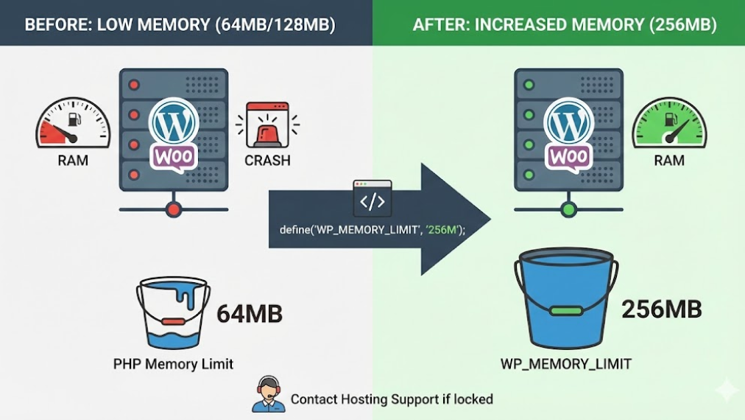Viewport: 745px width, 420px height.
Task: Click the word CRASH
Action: pyautogui.click(x=267, y=161)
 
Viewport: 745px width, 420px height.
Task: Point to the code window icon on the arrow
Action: pyautogui.click(x=372, y=197)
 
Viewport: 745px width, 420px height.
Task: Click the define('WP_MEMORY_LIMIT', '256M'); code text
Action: pyautogui.click(x=372, y=230)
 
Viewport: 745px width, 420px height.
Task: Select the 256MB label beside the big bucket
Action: pyautogui.click(x=661, y=309)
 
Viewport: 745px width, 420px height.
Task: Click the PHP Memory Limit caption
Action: pyautogui.click(x=173, y=363)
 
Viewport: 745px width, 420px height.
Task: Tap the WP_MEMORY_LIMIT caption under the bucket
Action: pyautogui.click(x=565, y=363)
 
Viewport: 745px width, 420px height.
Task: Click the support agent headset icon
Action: pyautogui.click(x=269, y=394)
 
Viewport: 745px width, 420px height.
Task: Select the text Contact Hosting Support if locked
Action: pyautogui.click(x=392, y=399)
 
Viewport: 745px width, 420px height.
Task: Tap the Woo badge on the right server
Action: pyautogui.click(x=568, y=157)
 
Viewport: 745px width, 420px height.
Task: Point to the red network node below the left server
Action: pyautogui.click(x=174, y=209)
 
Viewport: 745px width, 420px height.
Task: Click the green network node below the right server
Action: pyautogui.click(x=568, y=210)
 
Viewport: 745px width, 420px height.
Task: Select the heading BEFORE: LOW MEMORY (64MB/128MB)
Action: pyautogui.click(x=180, y=24)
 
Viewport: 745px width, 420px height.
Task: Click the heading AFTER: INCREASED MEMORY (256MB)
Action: pyautogui.click(x=565, y=24)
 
